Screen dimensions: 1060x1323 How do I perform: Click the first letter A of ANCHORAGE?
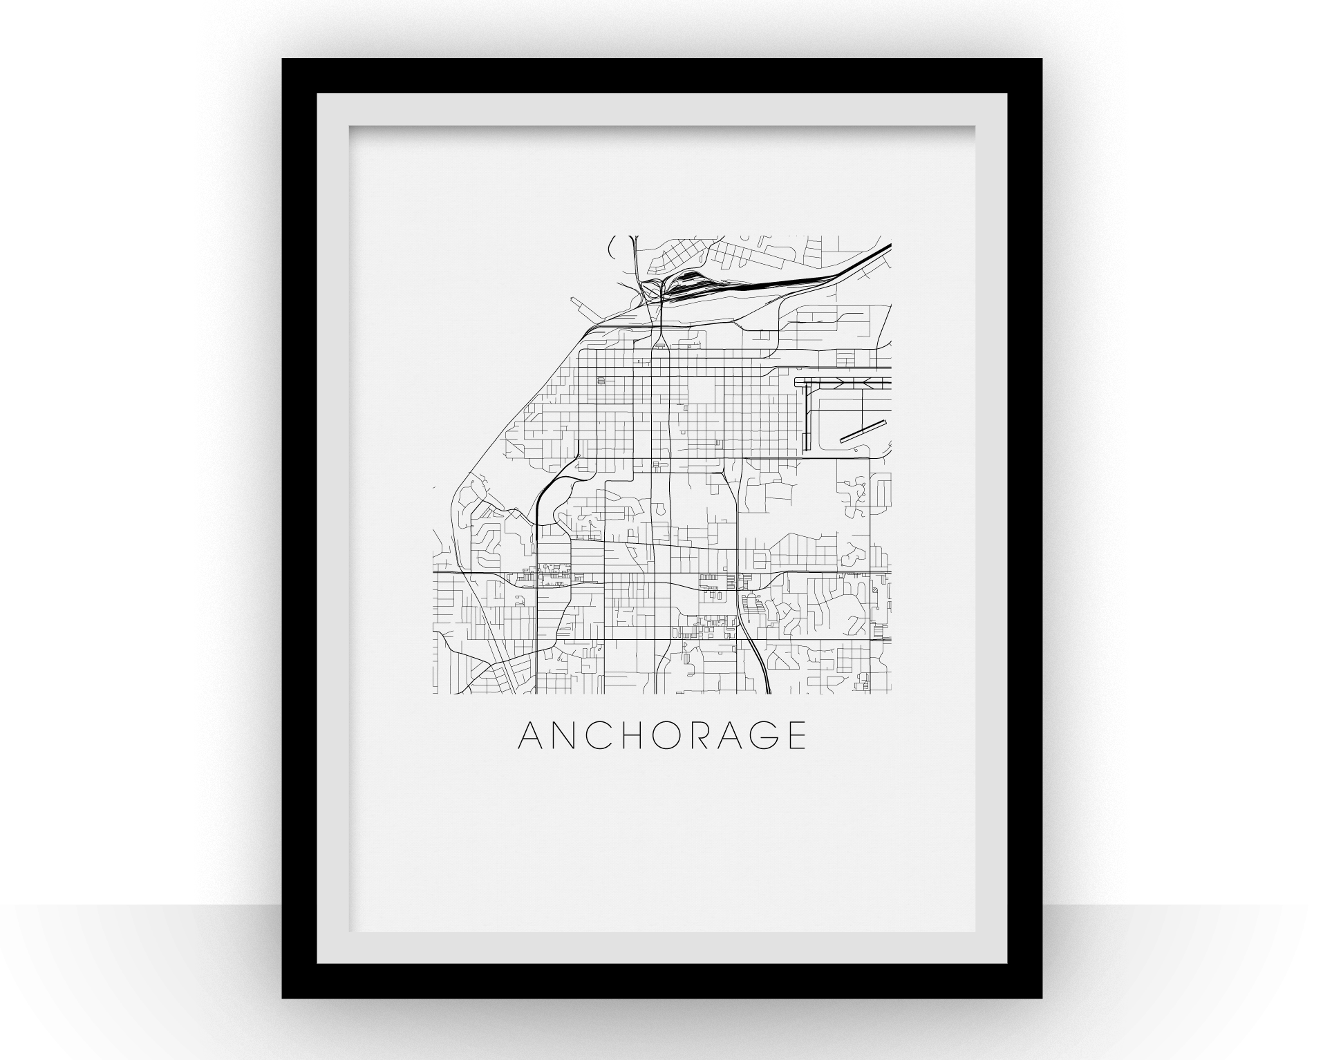[531, 736]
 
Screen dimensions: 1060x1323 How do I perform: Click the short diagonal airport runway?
[863, 430]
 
